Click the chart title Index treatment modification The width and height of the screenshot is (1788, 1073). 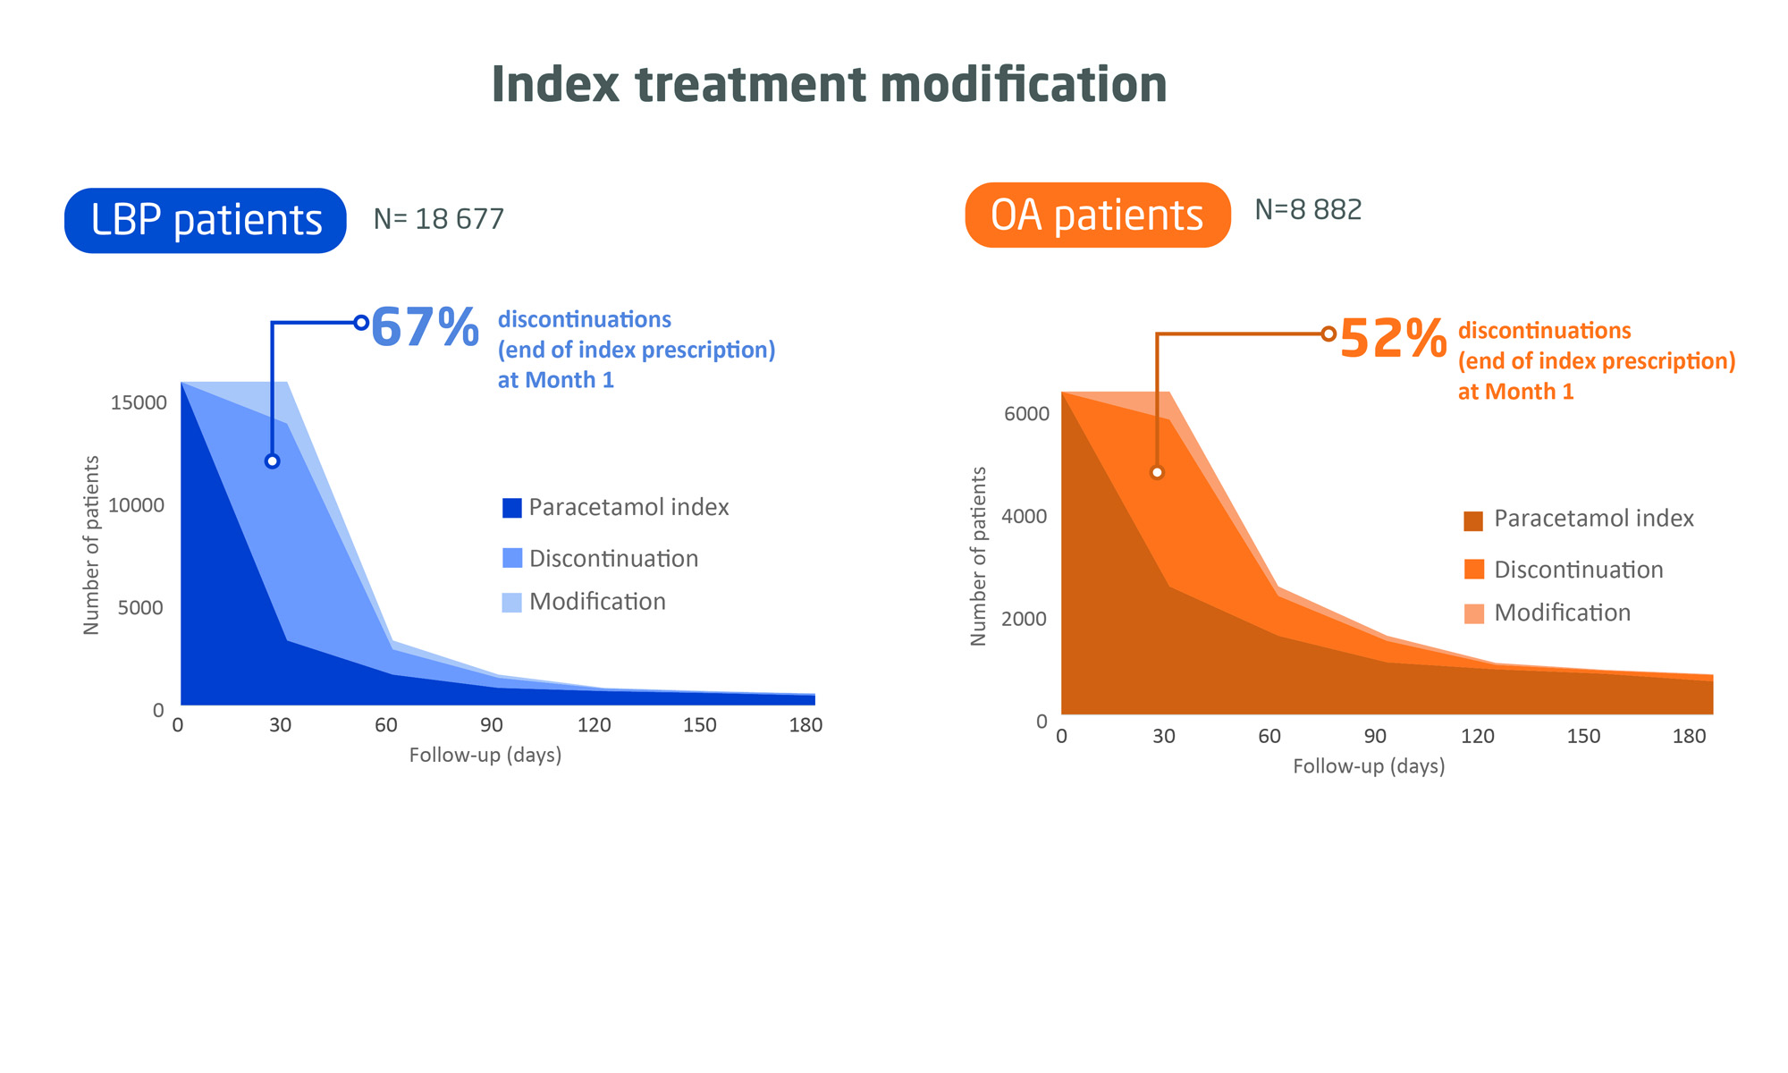[829, 85]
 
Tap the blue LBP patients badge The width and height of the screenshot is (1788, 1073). [206, 220]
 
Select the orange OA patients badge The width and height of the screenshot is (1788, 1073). [1097, 215]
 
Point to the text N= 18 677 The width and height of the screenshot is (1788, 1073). [438, 219]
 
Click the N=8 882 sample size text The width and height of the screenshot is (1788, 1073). [1308, 210]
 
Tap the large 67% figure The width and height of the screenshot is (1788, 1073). [425, 327]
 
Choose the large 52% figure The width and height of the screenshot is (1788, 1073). [1393, 339]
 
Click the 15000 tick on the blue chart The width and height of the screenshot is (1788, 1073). [139, 402]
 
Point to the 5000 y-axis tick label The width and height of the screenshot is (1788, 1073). [141, 608]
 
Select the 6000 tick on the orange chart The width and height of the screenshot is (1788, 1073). [1026, 414]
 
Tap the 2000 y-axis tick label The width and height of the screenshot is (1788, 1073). [1025, 619]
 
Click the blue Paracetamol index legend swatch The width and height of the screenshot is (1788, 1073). [512, 508]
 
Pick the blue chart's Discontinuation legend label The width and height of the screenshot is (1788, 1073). [613, 559]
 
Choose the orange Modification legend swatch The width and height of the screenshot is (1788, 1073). [1474, 613]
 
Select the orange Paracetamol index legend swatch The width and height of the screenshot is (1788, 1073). [1474, 520]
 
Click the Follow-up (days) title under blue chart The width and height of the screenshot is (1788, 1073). [485, 756]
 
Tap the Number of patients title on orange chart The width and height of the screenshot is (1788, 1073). [978, 556]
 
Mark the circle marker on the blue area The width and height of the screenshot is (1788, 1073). [273, 461]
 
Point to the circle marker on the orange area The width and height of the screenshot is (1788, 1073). [1157, 472]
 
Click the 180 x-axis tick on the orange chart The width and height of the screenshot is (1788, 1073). [1689, 737]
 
